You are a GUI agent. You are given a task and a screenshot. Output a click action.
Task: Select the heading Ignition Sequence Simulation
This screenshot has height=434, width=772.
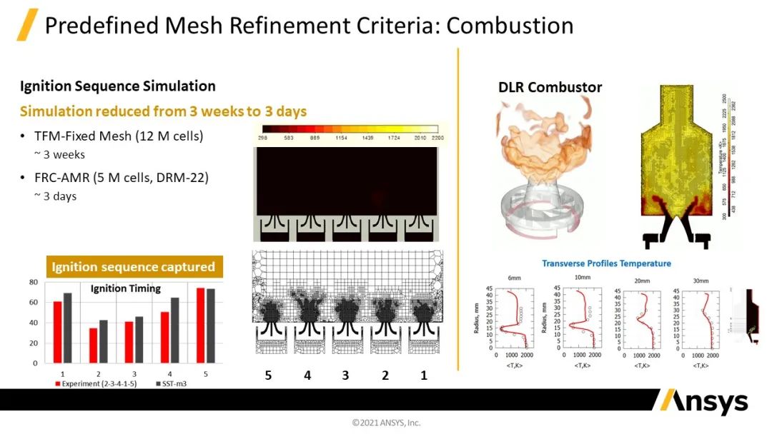click(x=118, y=86)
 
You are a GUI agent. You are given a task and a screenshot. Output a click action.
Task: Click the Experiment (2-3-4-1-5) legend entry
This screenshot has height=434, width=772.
click(x=100, y=383)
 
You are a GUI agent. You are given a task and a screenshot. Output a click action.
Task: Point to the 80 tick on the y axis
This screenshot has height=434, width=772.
click(x=33, y=282)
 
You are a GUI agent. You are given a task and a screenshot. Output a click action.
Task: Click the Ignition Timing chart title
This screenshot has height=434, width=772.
click(x=125, y=289)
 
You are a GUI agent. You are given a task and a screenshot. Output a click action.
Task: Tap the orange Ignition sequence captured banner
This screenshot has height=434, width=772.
click(x=133, y=267)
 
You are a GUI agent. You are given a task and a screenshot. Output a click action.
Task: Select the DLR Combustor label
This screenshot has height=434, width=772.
click(x=550, y=88)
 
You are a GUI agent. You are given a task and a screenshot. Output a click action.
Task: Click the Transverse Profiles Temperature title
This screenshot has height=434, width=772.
click(x=606, y=263)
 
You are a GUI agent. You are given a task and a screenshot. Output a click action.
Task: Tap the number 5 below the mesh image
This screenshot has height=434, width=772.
click(x=268, y=375)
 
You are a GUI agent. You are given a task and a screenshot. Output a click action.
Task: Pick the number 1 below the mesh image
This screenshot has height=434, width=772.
click(x=423, y=375)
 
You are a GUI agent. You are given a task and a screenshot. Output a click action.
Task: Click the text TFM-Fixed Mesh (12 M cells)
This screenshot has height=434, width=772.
click(x=119, y=136)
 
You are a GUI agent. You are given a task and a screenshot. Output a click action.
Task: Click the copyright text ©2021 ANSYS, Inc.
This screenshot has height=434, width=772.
click(x=386, y=423)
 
